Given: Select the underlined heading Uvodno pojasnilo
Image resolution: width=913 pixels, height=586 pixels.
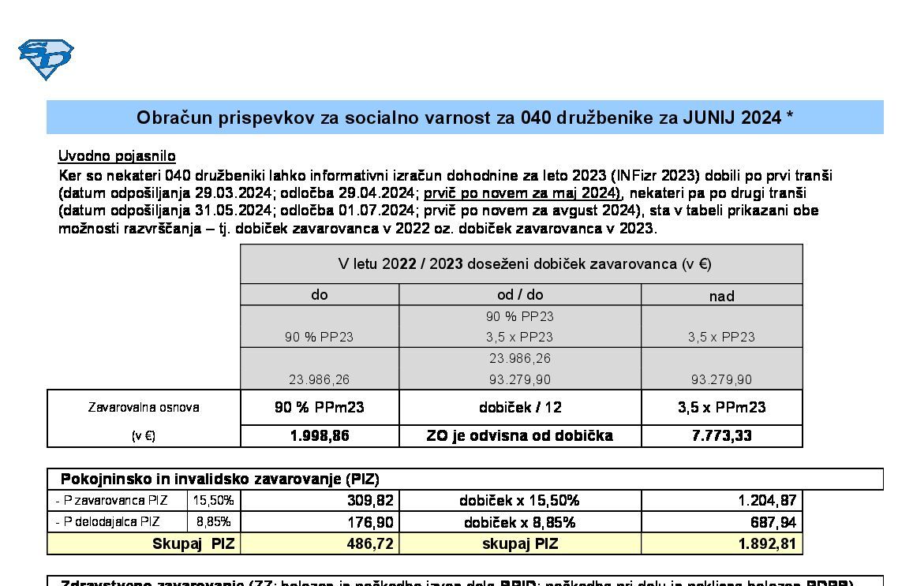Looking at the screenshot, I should (x=117, y=156).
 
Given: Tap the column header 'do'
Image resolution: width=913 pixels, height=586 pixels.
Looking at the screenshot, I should (x=320, y=295).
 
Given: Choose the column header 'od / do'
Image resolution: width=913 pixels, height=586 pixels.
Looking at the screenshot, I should (x=520, y=295).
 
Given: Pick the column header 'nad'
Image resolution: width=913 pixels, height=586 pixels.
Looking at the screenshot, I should (x=721, y=297).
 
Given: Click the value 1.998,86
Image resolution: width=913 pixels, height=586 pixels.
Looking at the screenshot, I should (x=320, y=436).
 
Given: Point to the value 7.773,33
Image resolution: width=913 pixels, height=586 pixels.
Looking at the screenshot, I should (x=721, y=436).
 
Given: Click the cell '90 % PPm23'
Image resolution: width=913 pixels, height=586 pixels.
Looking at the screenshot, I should (x=320, y=408).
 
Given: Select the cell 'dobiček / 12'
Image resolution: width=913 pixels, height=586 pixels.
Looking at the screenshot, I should (x=520, y=408).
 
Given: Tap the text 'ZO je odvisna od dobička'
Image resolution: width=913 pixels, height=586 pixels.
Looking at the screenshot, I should (x=520, y=436).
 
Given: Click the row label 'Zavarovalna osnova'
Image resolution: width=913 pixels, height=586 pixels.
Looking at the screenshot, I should (x=144, y=408).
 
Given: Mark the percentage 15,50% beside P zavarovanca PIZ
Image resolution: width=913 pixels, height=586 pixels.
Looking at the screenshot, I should (x=213, y=500).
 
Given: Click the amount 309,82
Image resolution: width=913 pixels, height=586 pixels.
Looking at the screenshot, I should (x=369, y=501).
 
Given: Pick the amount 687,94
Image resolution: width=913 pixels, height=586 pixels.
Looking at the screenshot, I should (x=773, y=522).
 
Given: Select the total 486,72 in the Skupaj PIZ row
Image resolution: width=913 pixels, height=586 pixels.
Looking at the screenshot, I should (x=369, y=543).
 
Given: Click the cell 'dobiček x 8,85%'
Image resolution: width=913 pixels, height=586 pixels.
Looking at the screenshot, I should (x=520, y=522).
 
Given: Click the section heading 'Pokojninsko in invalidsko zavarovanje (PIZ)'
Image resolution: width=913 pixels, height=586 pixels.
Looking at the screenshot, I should (x=220, y=480).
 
